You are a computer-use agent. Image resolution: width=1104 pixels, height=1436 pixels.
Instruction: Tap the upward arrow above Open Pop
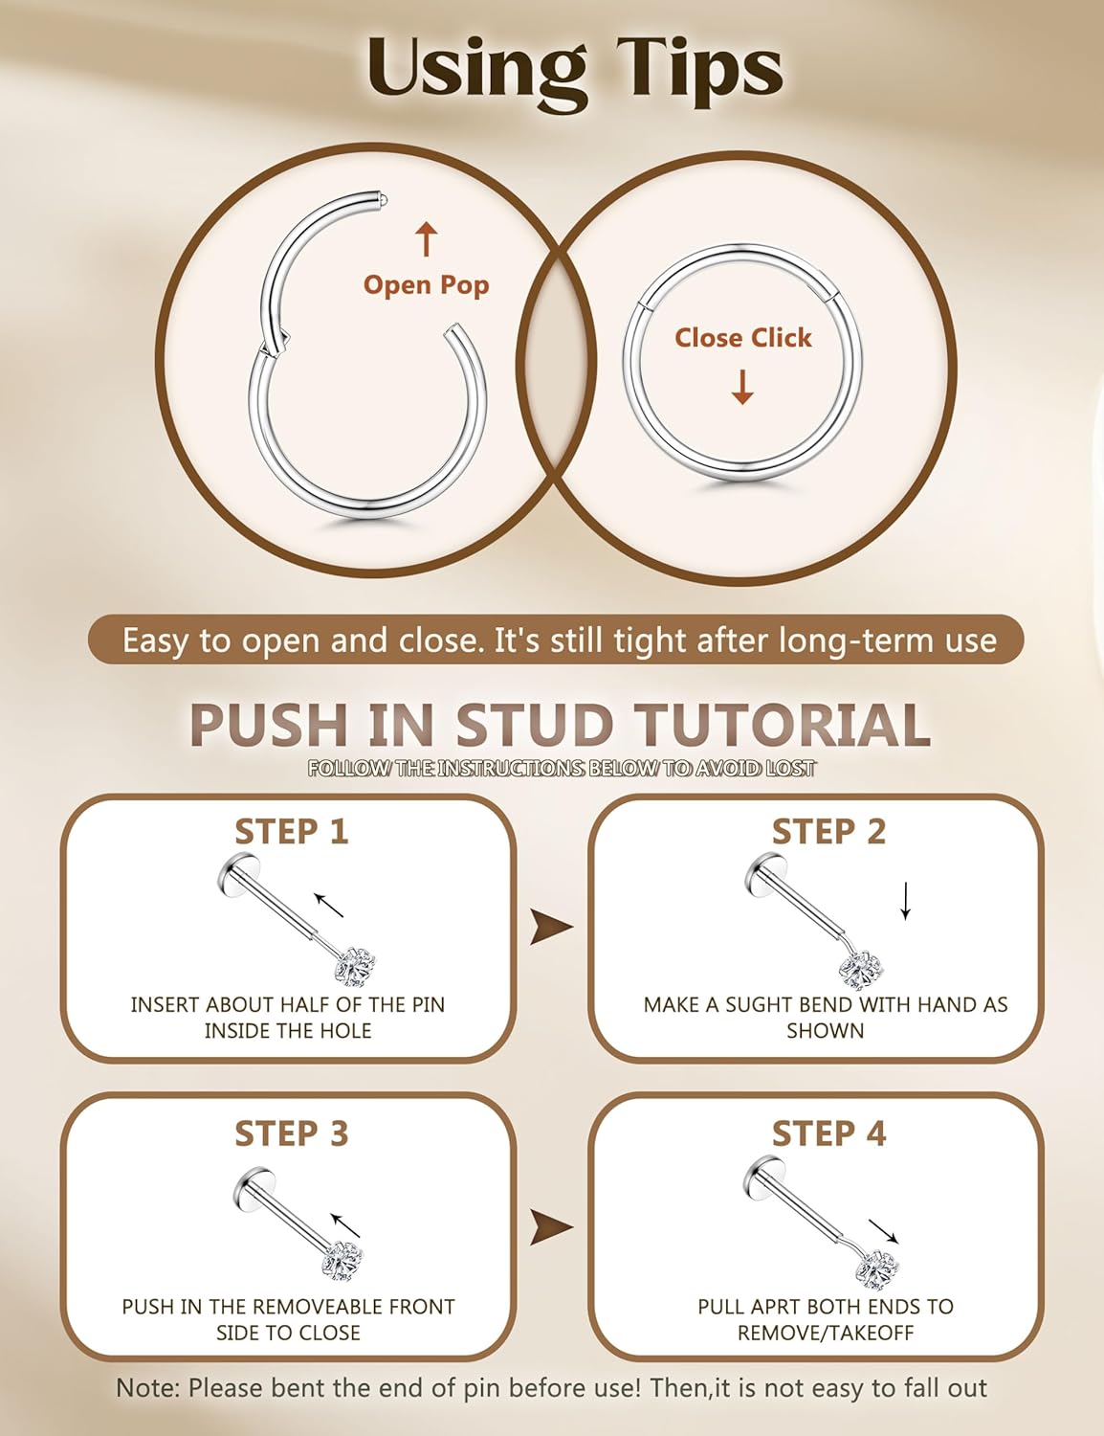pyautogui.click(x=426, y=239)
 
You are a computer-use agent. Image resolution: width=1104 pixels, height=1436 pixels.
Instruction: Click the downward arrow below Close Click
pyautogui.click(x=742, y=387)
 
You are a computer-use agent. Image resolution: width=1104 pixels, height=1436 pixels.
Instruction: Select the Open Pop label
pyautogui.click(x=426, y=285)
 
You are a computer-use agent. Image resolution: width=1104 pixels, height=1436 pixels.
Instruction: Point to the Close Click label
pyautogui.click(x=742, y=338)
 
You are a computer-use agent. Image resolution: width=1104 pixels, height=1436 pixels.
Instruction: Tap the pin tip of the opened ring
pyautogui.click(x=383, y=200)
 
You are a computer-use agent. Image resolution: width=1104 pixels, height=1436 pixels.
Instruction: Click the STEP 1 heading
pyautogui.click(x=291, y=832)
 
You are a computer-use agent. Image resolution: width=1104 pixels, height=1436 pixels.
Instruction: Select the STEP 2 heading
pyautogui.click(x=828, y=832)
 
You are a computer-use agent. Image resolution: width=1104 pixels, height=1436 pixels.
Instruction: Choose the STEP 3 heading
pyautogui.click(x=291, y=1133)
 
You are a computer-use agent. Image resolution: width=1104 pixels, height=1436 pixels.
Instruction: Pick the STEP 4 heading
pyautogui.click(x=828, y=1133)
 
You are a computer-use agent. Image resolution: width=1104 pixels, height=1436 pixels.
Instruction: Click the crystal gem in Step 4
pyautogui.click(x=876, y=1271)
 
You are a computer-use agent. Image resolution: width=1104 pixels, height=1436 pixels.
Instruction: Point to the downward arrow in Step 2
pyautogui.click(x=905, y=901)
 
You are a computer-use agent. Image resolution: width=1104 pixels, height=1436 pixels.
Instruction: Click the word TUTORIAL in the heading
pyautogui.click(x=781, y=725)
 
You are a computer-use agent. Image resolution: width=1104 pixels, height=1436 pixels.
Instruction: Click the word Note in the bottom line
pyautogui.click(x=145, y=1388)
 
